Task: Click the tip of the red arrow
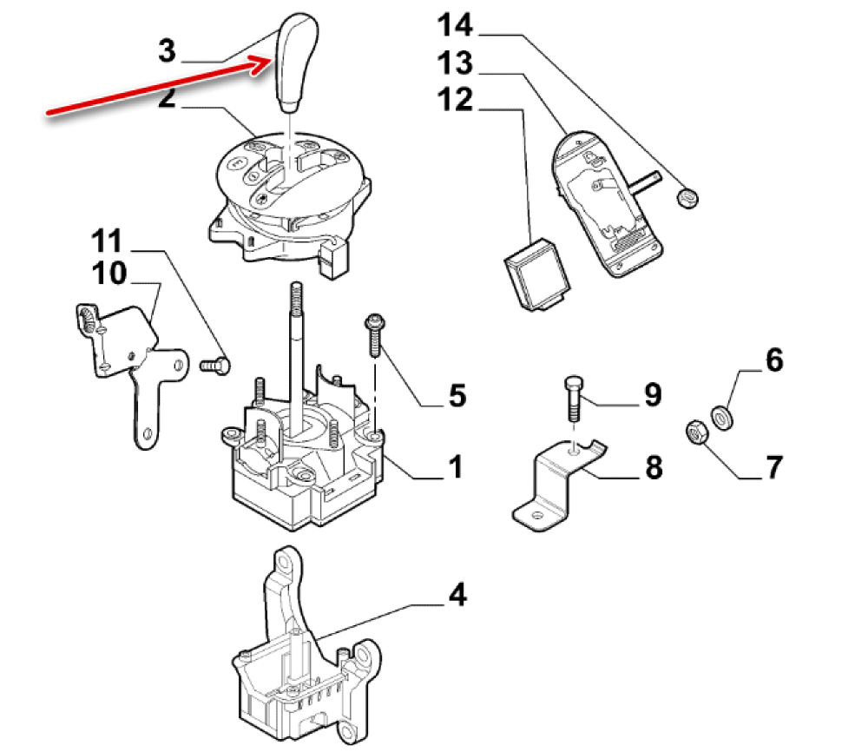click(273, 59)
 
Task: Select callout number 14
click(455, 25)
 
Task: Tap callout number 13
click(455, 63)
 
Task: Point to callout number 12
click(455, 100)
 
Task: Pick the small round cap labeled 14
click(687, 198)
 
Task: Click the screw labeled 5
click(375, 335)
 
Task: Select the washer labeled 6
click(722, 417)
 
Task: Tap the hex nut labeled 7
click(697, 432)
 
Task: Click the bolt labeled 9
click(574, 399)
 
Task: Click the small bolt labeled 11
click(214, 366)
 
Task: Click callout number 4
click(457, 596)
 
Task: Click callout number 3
click(167, 50)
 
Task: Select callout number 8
click(654, 466)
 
